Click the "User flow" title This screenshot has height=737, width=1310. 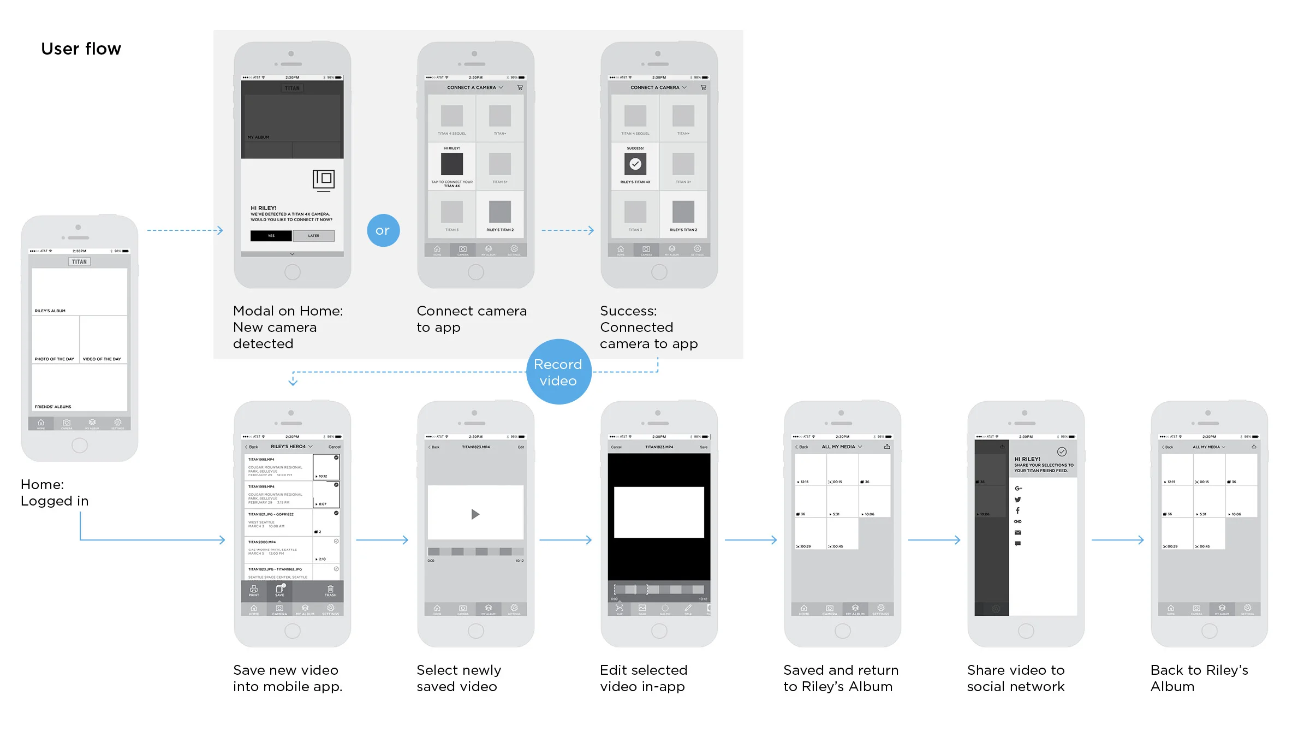(x=81, y=49)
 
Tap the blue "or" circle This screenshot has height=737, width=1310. (x=383, y=230)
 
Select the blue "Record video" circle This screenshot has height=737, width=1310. (x=558, y=372)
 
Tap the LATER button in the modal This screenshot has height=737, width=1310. (x=314, y=236)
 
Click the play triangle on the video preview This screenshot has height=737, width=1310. (x=475, y=514)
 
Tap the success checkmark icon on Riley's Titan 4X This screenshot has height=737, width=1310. (x=635, y=164)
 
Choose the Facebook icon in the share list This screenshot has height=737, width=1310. (x=1017, y=511)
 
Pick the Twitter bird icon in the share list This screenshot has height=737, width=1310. (x=1017, y=500)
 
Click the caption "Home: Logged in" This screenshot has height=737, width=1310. (x=55, y=492)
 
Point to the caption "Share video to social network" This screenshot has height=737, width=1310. (x=1016, y=678)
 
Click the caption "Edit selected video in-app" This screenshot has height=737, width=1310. (x=644, y=678)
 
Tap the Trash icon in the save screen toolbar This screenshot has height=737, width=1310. (x=330, y=590)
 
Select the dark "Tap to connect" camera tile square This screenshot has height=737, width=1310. (x=452, y=164)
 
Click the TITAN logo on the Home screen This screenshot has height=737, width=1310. (x=80, y=262)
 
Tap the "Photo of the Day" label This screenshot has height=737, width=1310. (x=55, y=359)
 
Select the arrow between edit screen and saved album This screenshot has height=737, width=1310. (x=751, y=540)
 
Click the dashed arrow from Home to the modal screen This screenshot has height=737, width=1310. (x=185, y=230)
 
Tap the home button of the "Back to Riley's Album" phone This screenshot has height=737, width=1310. (x=1209, y=632)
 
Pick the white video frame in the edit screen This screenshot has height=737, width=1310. (x=659, y=513)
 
